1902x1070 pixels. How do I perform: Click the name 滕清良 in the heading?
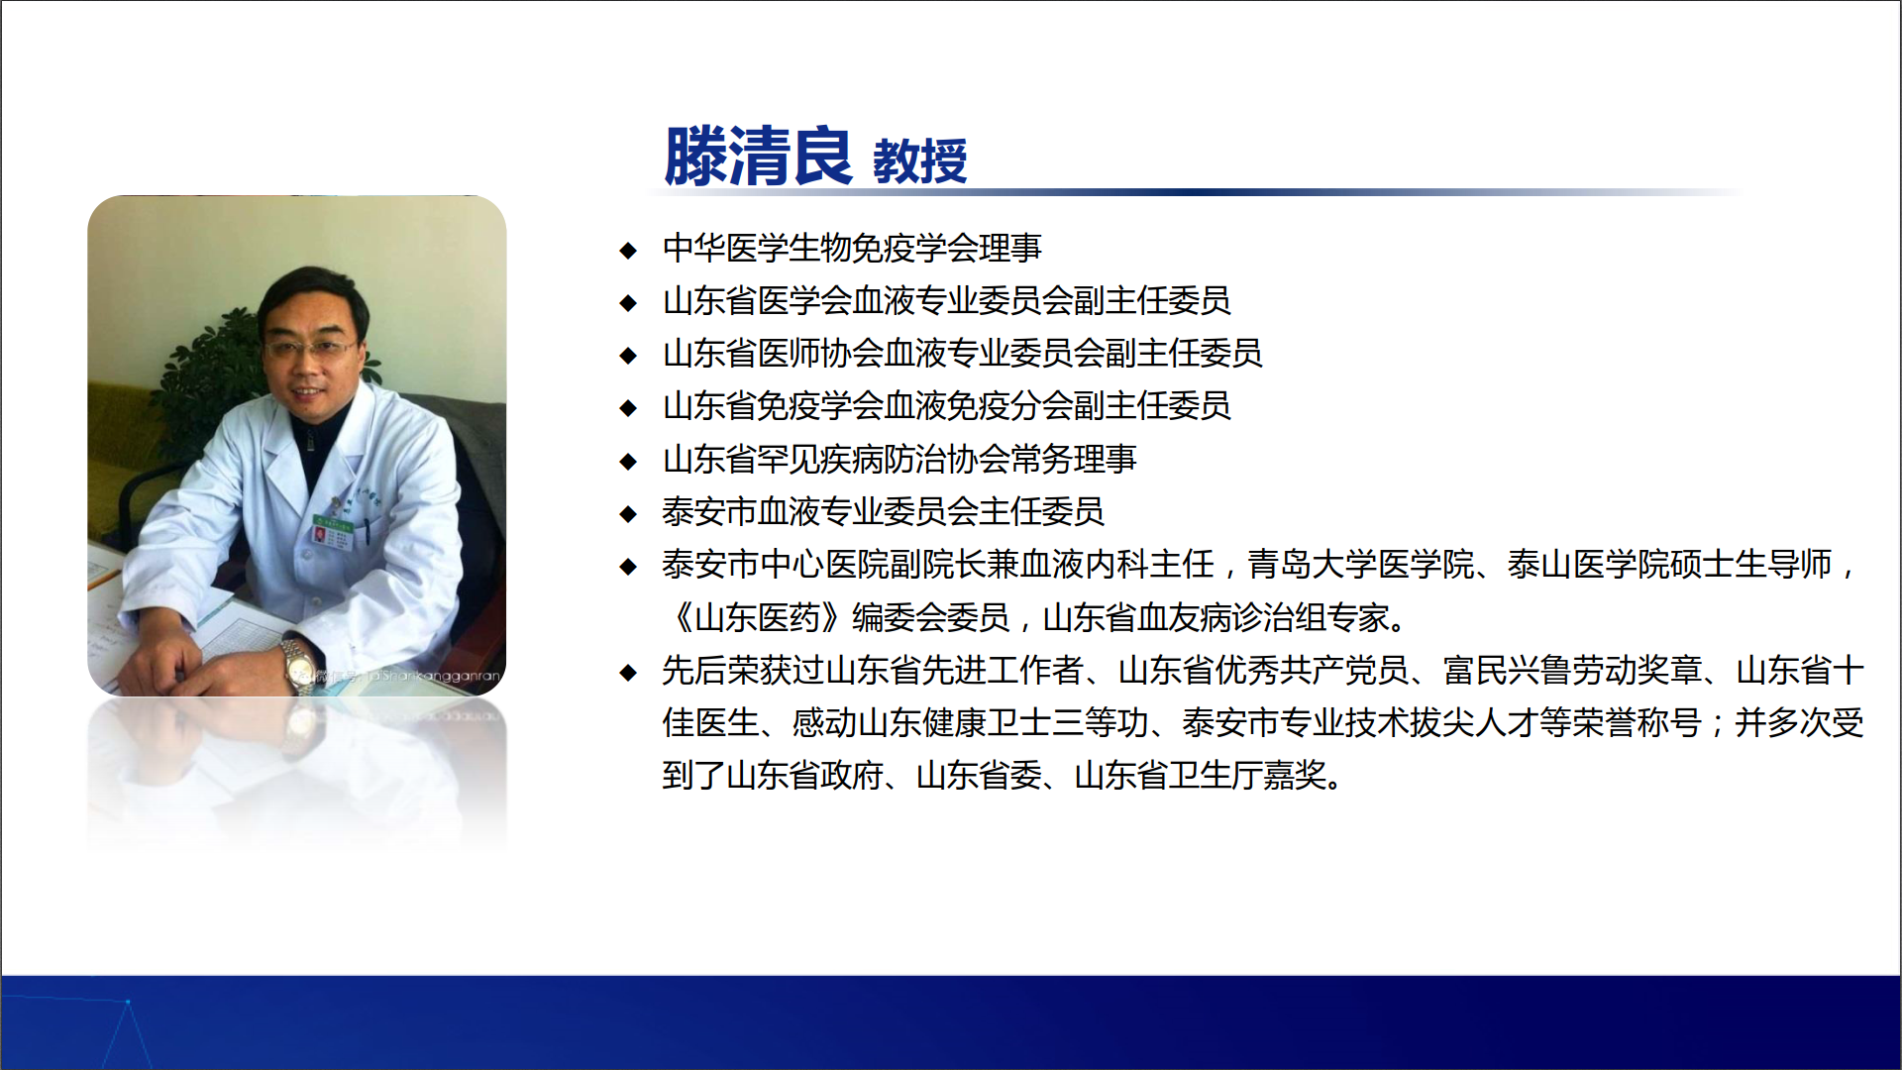758,157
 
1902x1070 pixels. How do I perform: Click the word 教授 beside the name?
919,161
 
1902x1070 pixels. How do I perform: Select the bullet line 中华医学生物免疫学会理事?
852,248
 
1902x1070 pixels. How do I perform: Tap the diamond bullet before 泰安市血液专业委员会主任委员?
627,513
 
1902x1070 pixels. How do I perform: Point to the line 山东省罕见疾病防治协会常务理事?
899,459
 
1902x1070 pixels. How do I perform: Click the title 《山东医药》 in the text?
757,617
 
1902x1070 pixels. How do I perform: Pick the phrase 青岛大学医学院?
1360,565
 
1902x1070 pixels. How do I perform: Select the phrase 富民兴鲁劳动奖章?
1572,671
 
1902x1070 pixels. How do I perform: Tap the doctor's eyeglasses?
310,348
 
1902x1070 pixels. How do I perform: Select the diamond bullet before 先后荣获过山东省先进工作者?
627,673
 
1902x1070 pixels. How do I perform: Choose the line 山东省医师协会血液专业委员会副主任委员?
962,354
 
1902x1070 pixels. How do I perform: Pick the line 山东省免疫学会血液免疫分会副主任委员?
946,406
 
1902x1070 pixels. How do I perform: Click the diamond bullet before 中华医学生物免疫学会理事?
627,250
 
